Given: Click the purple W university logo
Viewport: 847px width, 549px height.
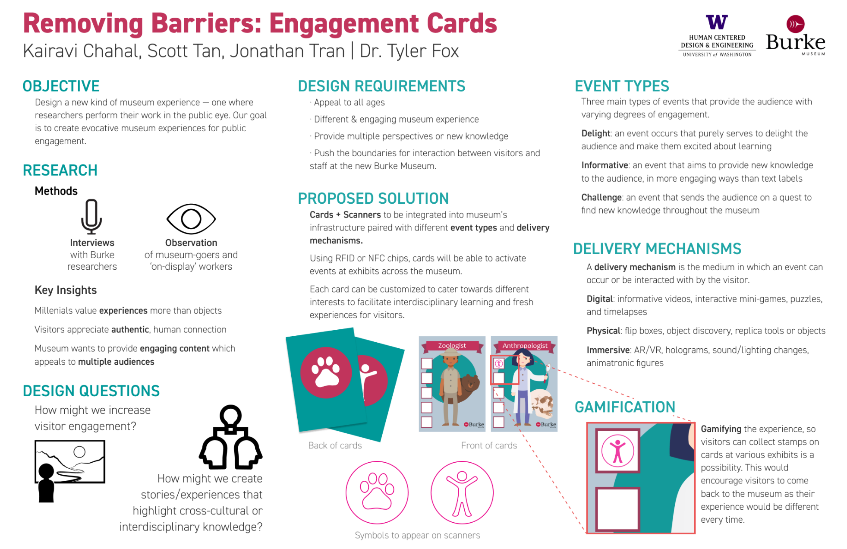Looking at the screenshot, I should click(716, 22).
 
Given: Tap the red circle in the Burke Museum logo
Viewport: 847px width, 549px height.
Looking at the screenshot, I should click(795, 24).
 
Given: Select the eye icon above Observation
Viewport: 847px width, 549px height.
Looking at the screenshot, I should click(191, 219).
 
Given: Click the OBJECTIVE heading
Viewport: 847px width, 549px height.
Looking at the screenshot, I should click(61, 86).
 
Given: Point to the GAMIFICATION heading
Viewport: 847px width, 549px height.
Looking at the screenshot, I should click(624, 407).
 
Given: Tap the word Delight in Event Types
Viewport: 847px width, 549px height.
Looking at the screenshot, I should click(595, 133).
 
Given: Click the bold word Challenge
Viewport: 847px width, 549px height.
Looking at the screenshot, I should click(601, 198).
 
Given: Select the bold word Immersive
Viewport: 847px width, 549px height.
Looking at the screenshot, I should click(608, 350).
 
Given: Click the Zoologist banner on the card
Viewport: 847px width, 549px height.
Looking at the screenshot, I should click(452, 346).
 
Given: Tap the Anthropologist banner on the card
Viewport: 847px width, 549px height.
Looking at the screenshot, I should click(525, 346).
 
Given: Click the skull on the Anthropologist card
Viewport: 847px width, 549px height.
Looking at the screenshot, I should click(542, 404).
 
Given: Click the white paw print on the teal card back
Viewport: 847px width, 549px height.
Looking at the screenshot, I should click(326, 372).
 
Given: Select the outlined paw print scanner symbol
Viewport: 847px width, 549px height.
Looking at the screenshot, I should click(377, 492).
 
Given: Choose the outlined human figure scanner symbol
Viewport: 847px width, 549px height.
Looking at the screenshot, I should click(462, 492).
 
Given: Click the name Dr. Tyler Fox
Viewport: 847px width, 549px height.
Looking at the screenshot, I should click(409, 51).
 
